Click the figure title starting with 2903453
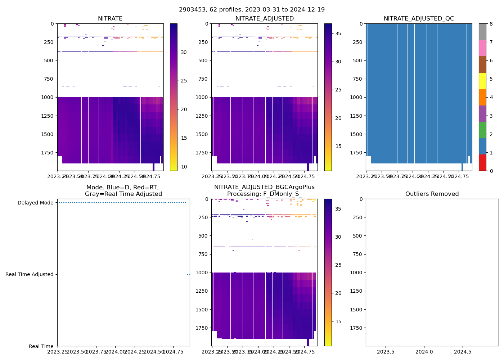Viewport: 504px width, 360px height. coord(252,10)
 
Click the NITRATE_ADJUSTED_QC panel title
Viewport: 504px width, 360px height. coord(419,19)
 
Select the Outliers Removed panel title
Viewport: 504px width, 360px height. coord(432,194)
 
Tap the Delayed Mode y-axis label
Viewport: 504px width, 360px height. coord(35,203)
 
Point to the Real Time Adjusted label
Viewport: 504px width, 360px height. coord(29,274)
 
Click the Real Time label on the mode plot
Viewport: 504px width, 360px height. coord(41,346)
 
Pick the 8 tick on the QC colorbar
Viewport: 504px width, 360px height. coord(491,24)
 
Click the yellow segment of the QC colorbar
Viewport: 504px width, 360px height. coord(482,81)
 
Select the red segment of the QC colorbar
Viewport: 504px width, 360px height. coord(482,162)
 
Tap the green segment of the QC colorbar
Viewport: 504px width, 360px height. coord(482,130)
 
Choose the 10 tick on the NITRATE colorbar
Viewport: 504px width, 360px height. coord(184,167)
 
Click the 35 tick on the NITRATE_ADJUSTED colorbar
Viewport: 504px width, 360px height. coord(338,33)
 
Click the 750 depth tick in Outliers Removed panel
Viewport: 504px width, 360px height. coord(357,254)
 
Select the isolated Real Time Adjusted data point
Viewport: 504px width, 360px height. coord(188,274)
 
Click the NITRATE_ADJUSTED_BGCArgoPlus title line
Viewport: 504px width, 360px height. coord(264,187)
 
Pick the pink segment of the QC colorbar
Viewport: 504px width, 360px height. coord(482,48)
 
